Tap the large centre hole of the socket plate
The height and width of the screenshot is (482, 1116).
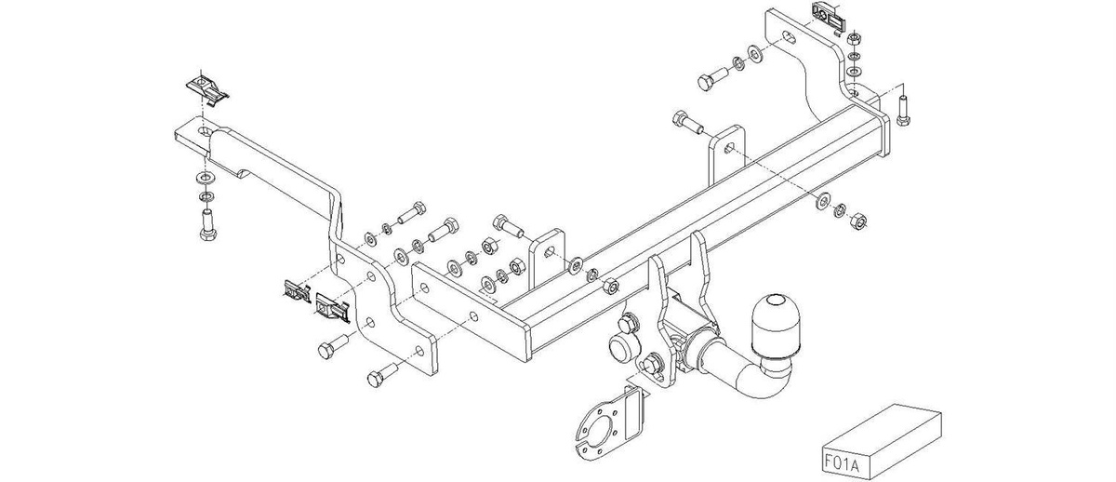(x=602, y=432)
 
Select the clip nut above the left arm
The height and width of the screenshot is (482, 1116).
(x=206, y=89)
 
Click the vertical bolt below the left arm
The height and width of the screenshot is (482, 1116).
(x=207, y=225)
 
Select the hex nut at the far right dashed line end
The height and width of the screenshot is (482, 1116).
(x=857, y=220)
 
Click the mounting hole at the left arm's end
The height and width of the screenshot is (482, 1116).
(x=205, y=131)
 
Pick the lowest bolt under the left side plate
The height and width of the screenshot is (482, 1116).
(x=382, y=375)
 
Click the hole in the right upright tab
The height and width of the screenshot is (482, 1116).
(x=729, y=148)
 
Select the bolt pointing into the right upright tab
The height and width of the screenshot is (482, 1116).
(x=688, y=123)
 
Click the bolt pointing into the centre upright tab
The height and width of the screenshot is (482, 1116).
(x=508, y=227)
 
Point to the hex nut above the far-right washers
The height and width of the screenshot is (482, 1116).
(x=854, y=38)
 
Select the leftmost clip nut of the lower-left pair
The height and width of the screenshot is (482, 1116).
(x=298, y=291)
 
